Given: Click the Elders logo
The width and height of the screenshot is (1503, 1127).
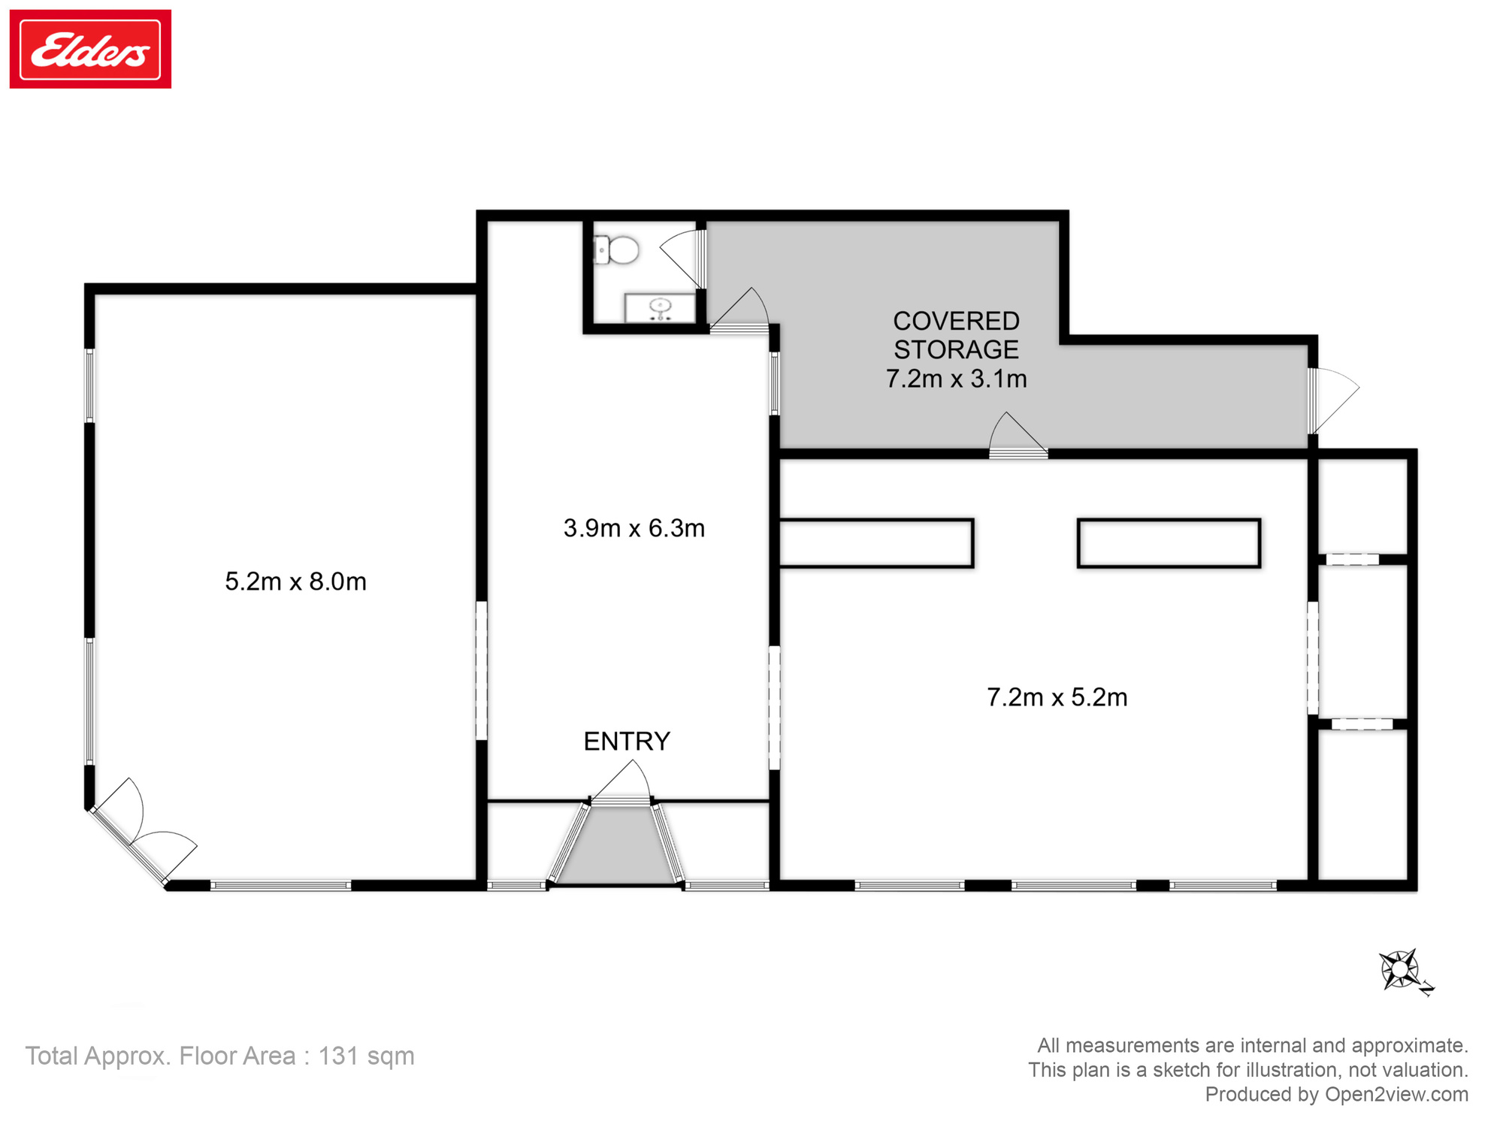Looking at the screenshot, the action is tap(90, 49).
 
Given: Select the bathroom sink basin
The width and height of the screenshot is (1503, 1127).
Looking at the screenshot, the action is tap(660, 308).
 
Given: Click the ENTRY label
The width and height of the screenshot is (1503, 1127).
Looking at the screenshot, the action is tap(627, 742).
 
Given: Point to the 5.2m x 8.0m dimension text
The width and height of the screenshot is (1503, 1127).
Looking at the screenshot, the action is tap(295, 582).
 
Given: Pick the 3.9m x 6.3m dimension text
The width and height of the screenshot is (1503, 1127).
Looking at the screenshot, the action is tap(634, 528).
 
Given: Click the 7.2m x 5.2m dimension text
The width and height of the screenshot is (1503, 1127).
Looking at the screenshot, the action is tap(1057, 697).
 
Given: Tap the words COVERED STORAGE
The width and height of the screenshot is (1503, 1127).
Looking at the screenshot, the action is tap(956, 335).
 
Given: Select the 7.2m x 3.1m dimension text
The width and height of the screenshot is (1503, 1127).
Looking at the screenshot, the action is tap(956, 379).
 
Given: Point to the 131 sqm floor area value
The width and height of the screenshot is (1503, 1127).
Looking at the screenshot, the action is tap(366, 1056).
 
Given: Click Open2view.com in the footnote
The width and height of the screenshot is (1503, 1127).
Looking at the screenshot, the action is tap(1396, 1095).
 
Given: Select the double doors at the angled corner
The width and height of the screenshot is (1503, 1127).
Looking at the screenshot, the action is tap(141, 832).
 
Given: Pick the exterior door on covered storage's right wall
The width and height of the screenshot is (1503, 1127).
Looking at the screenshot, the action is tap(1335, 400).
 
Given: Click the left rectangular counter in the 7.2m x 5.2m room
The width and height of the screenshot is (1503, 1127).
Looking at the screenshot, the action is tap(876, 542).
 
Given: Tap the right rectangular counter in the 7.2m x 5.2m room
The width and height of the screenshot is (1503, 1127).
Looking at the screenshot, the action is tap(1169, 542).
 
